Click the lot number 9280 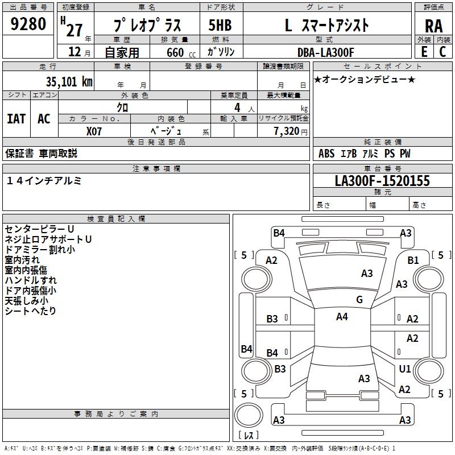pos(28,25)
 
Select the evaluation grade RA pos(434,26)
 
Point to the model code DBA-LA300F pos(325,52)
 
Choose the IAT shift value pos(16,119)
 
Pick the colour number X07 pos(94,131)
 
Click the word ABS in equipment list pos(326,154)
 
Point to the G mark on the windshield pos(359,300)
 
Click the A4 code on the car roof pos(342,317)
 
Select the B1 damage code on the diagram pos(413,260)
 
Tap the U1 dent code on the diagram pos(405,369)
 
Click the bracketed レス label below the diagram pos(249,436)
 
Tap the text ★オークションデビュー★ pos(365,80)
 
